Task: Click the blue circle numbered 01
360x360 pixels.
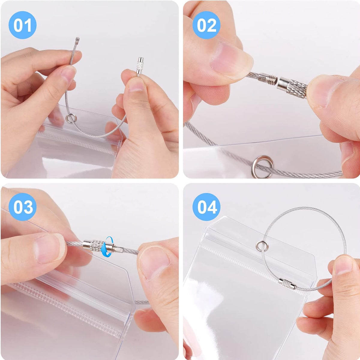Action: [22, 25]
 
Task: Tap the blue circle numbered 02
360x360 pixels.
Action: [206, 25]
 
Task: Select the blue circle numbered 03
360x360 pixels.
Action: [22, 207]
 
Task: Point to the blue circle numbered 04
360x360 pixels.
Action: [206, 207]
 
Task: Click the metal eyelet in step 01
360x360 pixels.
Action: [71, 118]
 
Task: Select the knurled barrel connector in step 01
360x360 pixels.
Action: [140, 66]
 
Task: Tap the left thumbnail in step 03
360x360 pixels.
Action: [50, 248]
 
